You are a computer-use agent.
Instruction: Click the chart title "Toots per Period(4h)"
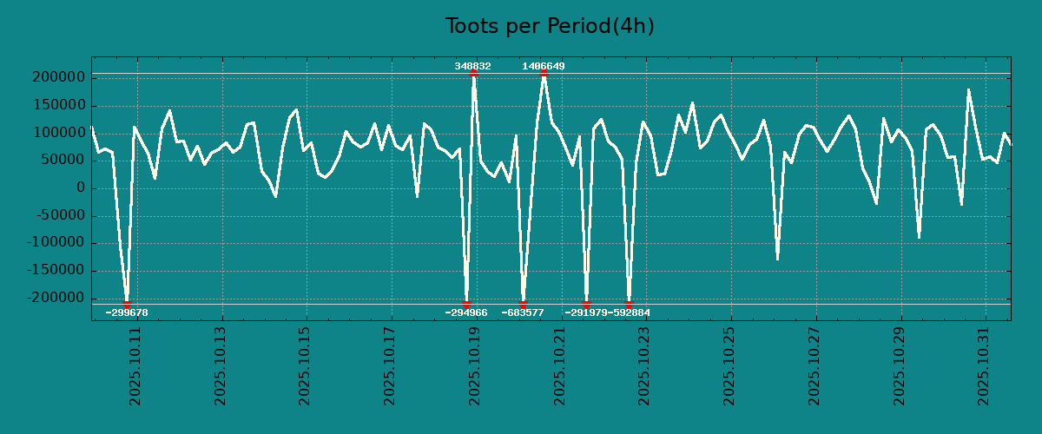550,26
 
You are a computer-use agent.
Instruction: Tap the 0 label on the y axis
80,187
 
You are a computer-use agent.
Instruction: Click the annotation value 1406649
544,66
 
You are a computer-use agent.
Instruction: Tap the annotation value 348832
472,66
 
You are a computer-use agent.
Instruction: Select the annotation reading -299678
127,312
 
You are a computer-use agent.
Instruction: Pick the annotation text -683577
523,312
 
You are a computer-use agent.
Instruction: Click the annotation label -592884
629,312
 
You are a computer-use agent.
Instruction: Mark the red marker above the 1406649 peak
544,74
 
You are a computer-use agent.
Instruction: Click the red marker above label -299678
127,304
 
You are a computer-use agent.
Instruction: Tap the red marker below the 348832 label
473,74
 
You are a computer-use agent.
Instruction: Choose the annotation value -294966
466,312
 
